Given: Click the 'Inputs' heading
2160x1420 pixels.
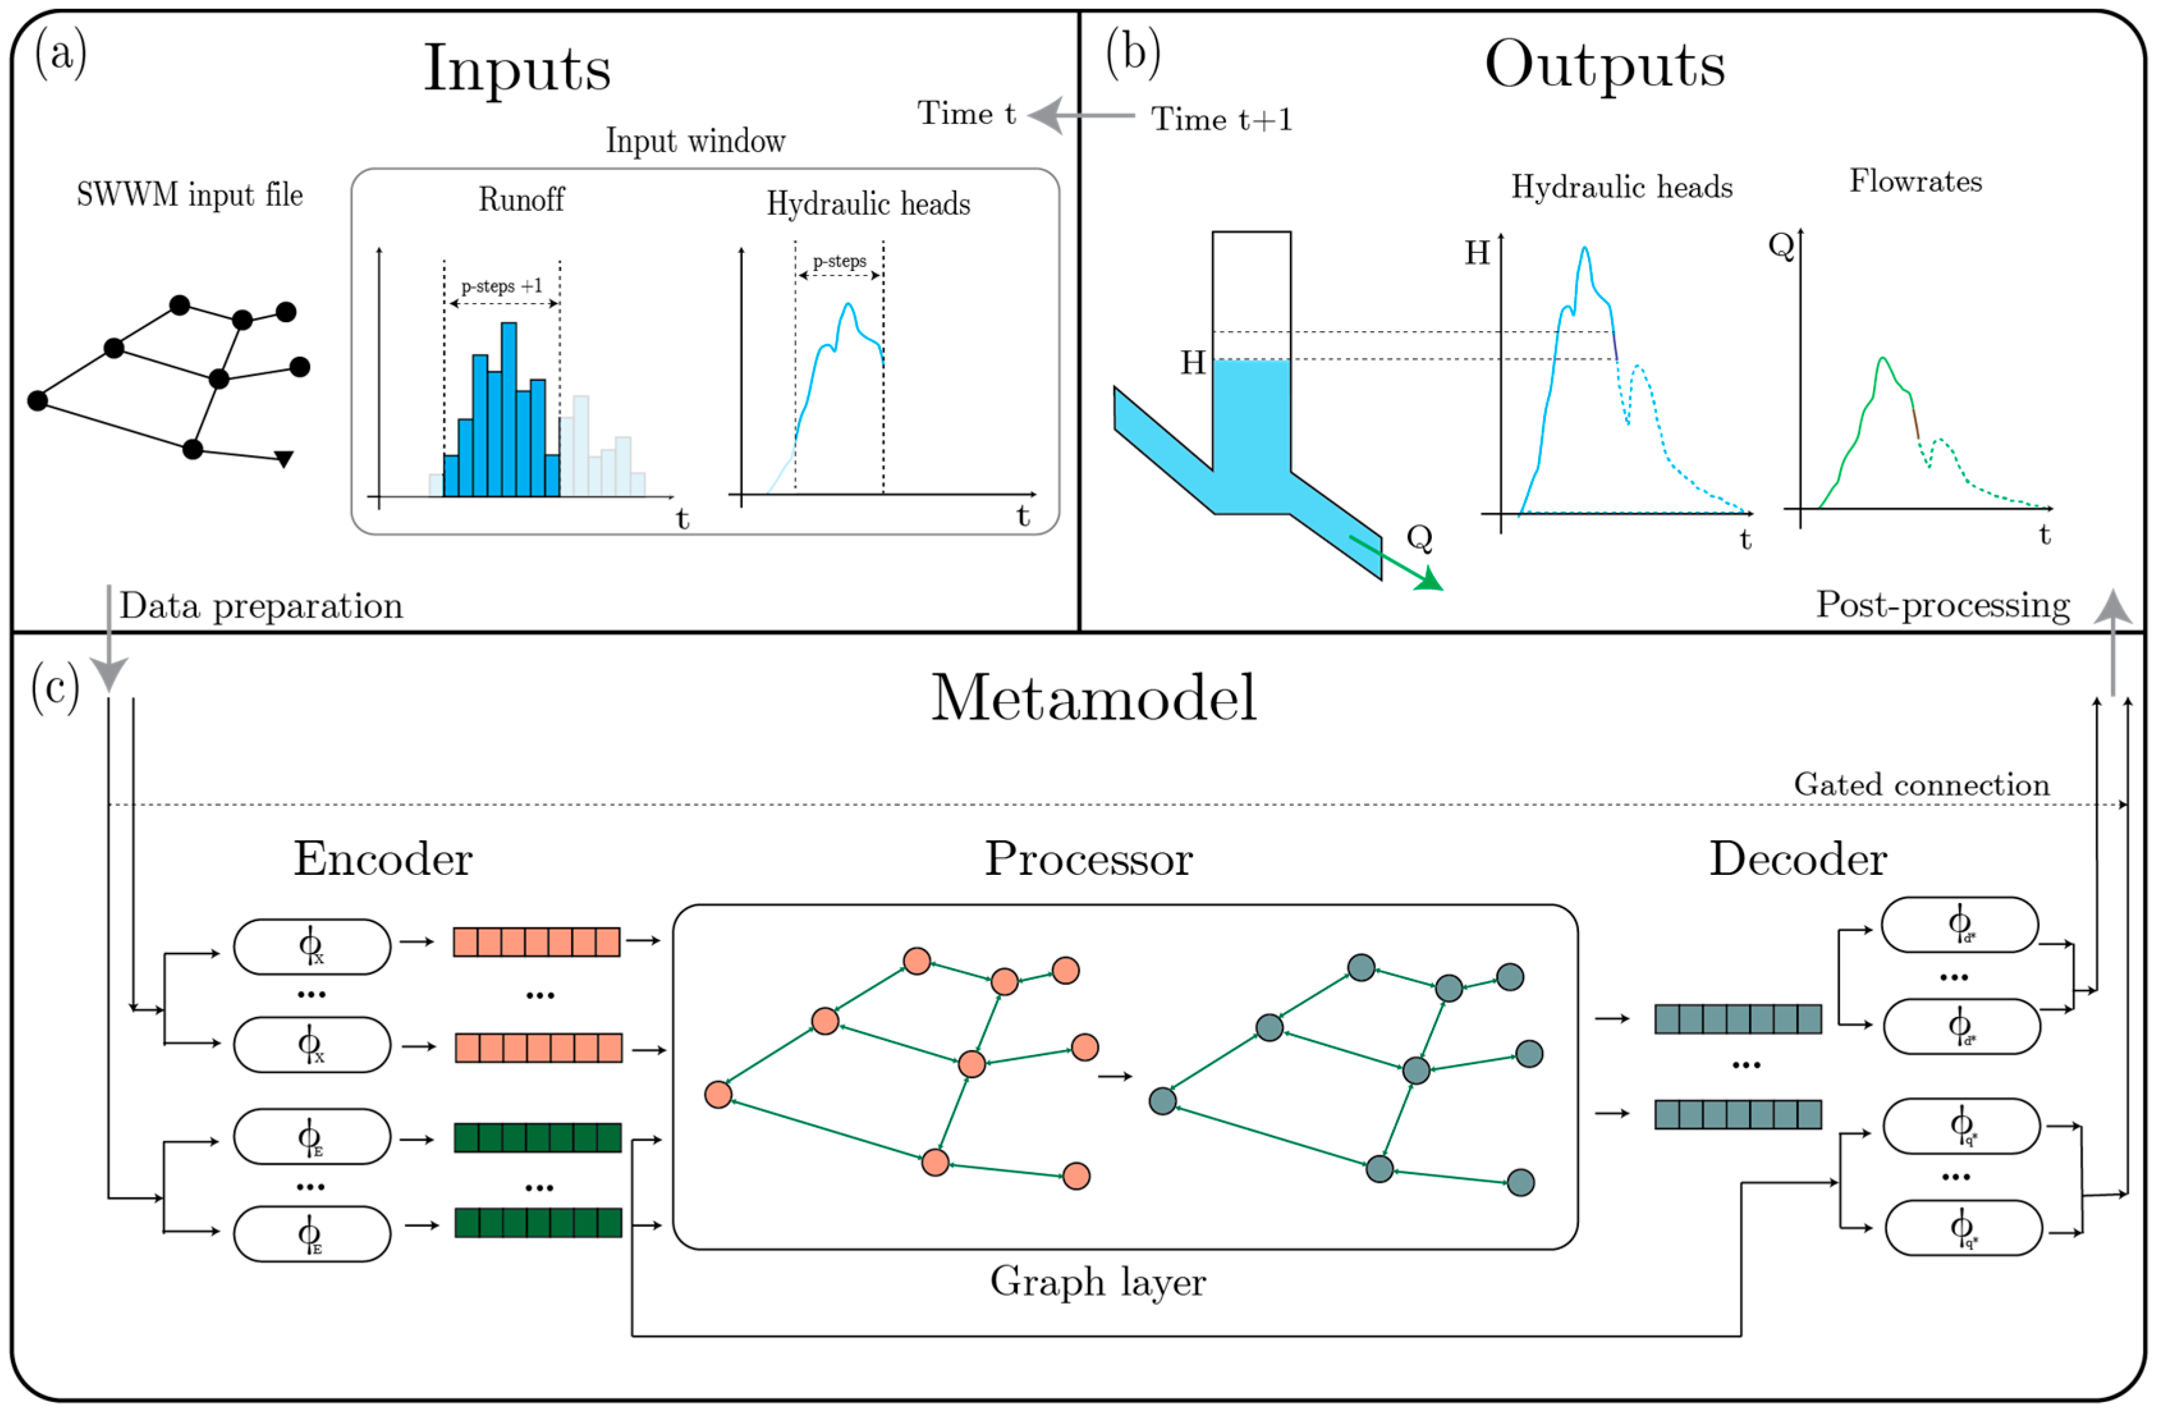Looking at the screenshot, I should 517,69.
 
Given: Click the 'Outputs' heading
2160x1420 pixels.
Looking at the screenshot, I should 1604,65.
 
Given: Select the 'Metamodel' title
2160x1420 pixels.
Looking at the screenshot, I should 1094,698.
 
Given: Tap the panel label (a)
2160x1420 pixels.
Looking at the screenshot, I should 61,52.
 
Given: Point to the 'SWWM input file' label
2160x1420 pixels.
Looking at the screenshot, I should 190,195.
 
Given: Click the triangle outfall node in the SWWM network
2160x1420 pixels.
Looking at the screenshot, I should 284,459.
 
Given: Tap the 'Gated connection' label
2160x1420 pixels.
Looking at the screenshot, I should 1922,785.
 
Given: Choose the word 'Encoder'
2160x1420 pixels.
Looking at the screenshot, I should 383,858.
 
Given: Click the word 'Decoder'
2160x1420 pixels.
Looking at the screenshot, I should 1798,858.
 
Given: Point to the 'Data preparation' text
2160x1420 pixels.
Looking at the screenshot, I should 261,606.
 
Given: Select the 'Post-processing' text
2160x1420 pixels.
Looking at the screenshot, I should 1942,605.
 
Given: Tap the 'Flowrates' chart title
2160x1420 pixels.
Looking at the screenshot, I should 1916,181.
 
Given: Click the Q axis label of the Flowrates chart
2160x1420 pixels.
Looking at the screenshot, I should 1782,245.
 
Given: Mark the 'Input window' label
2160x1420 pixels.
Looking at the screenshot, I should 695,141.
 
